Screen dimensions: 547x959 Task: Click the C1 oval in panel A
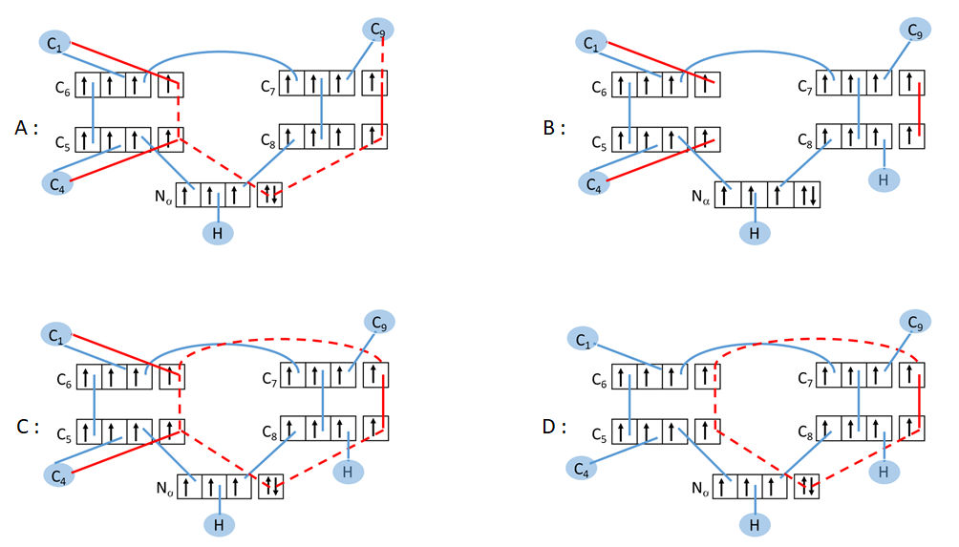(x=56, y=42)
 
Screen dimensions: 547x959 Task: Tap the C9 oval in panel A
(x=378, y=29)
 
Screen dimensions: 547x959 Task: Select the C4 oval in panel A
(x=57, y=180)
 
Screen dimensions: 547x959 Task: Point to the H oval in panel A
(x=220, y=231)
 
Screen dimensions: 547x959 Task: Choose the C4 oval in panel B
(x=596, y=180)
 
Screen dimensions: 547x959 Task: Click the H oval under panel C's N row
(x=220, y=523)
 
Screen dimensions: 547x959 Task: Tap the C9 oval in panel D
(x=915, y=322)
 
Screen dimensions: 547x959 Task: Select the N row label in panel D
(x=701, y=487)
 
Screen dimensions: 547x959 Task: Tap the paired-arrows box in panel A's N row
(x=270, y=194)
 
